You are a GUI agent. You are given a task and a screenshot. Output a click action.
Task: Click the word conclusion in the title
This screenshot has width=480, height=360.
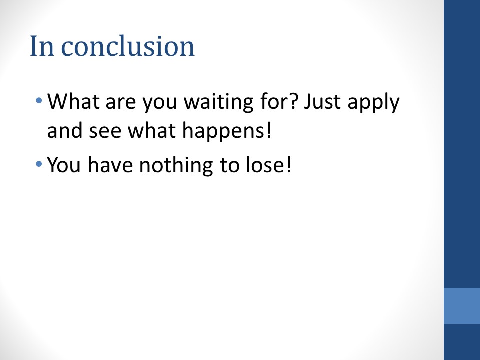[128, 46]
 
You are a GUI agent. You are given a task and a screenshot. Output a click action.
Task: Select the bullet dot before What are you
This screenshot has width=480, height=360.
[39, 100]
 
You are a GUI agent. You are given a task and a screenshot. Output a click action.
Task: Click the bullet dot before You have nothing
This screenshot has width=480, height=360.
[39, 164]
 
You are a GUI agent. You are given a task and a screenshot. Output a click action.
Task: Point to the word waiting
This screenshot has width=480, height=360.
[218, 102]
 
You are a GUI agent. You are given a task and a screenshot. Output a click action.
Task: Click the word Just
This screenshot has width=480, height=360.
[322, 101]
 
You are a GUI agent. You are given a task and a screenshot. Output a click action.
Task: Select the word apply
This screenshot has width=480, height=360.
[374, 103]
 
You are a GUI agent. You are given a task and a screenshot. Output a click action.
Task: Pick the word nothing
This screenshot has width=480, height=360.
[176, 165]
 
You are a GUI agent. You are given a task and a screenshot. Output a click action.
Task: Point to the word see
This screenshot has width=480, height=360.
[105, 131]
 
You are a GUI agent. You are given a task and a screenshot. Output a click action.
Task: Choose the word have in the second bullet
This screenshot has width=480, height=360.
[110, 164]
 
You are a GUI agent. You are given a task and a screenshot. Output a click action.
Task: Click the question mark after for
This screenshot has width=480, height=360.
[293, 101]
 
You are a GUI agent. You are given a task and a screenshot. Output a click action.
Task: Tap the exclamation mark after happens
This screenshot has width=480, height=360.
[269, 130]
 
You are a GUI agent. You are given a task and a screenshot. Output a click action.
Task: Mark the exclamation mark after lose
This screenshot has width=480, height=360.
[288, 164]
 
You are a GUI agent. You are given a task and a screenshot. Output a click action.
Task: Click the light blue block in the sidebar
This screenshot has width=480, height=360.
[462, 306]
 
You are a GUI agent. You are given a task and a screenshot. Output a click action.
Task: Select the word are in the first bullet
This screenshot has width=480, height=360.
[120, 103]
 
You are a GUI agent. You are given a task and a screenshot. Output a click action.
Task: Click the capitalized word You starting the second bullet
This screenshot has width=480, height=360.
[64, 165]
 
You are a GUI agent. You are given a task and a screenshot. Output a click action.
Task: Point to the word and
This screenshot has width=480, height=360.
[65, 130]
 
